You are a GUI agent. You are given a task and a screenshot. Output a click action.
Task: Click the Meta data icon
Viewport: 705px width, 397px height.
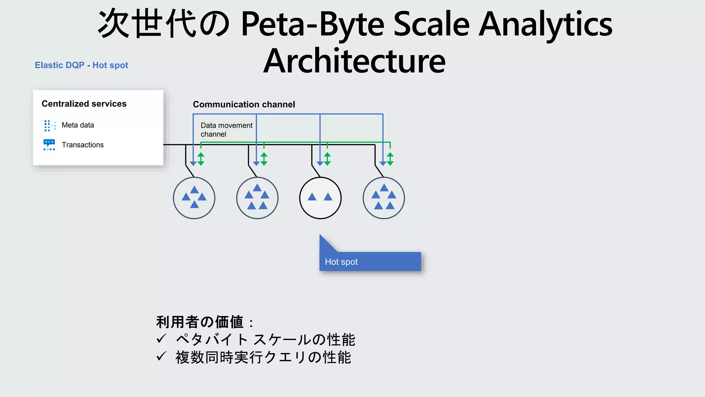tap(50, 125)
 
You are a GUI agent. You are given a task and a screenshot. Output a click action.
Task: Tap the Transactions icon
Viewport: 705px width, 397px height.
tap(49, 145)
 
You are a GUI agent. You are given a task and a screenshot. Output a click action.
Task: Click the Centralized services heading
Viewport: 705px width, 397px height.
tap(84, 104)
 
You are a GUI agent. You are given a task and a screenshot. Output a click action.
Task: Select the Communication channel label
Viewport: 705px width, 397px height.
tap(244, 104)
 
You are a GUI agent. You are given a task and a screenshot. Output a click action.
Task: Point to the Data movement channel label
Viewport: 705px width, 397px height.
tap(226, 130)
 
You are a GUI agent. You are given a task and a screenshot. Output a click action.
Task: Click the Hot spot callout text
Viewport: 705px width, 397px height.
tap(341, 262)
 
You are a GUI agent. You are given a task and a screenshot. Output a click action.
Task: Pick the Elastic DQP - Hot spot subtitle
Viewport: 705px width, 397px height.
tap(81, 65)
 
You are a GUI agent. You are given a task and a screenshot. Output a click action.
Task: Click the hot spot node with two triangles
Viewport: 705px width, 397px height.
tap(320, 198)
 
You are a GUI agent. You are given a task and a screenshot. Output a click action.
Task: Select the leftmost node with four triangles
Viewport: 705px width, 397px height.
tap(194, 198)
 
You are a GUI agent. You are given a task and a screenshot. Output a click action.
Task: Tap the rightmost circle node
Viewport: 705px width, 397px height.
tap(383, 198)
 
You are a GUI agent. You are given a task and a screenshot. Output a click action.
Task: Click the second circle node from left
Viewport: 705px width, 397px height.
tap(257, 198)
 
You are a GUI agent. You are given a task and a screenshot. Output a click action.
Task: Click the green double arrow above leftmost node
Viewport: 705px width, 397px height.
tap(201, 159)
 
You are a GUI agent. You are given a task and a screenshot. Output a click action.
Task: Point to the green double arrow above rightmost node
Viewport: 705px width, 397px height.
tap(390, 159)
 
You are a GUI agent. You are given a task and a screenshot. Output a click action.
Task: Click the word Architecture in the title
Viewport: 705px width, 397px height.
tap(354, 61)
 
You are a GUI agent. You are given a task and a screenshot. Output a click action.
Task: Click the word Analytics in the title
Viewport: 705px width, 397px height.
tap(545, 24)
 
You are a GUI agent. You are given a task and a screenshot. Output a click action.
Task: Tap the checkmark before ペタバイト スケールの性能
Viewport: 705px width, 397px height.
tap(161, 339)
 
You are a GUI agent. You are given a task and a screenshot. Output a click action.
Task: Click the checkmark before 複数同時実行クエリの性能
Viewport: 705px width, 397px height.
tap(161, 356)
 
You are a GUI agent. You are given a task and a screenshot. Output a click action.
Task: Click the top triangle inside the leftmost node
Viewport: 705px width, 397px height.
tap(194, 190)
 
